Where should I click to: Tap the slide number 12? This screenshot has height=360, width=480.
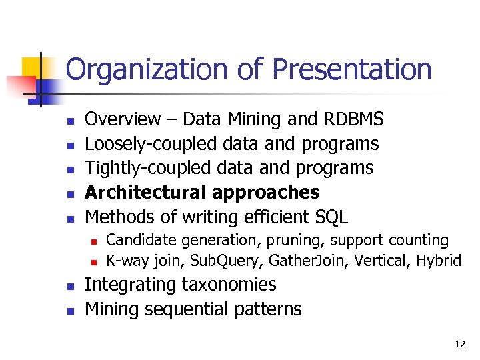pos(459,345)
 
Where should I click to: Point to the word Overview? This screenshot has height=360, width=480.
pos(123,119)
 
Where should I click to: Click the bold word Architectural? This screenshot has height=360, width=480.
pos(146,193)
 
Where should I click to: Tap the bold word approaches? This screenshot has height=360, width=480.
pos(266,193)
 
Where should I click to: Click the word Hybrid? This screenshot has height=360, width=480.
pos(439,261)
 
